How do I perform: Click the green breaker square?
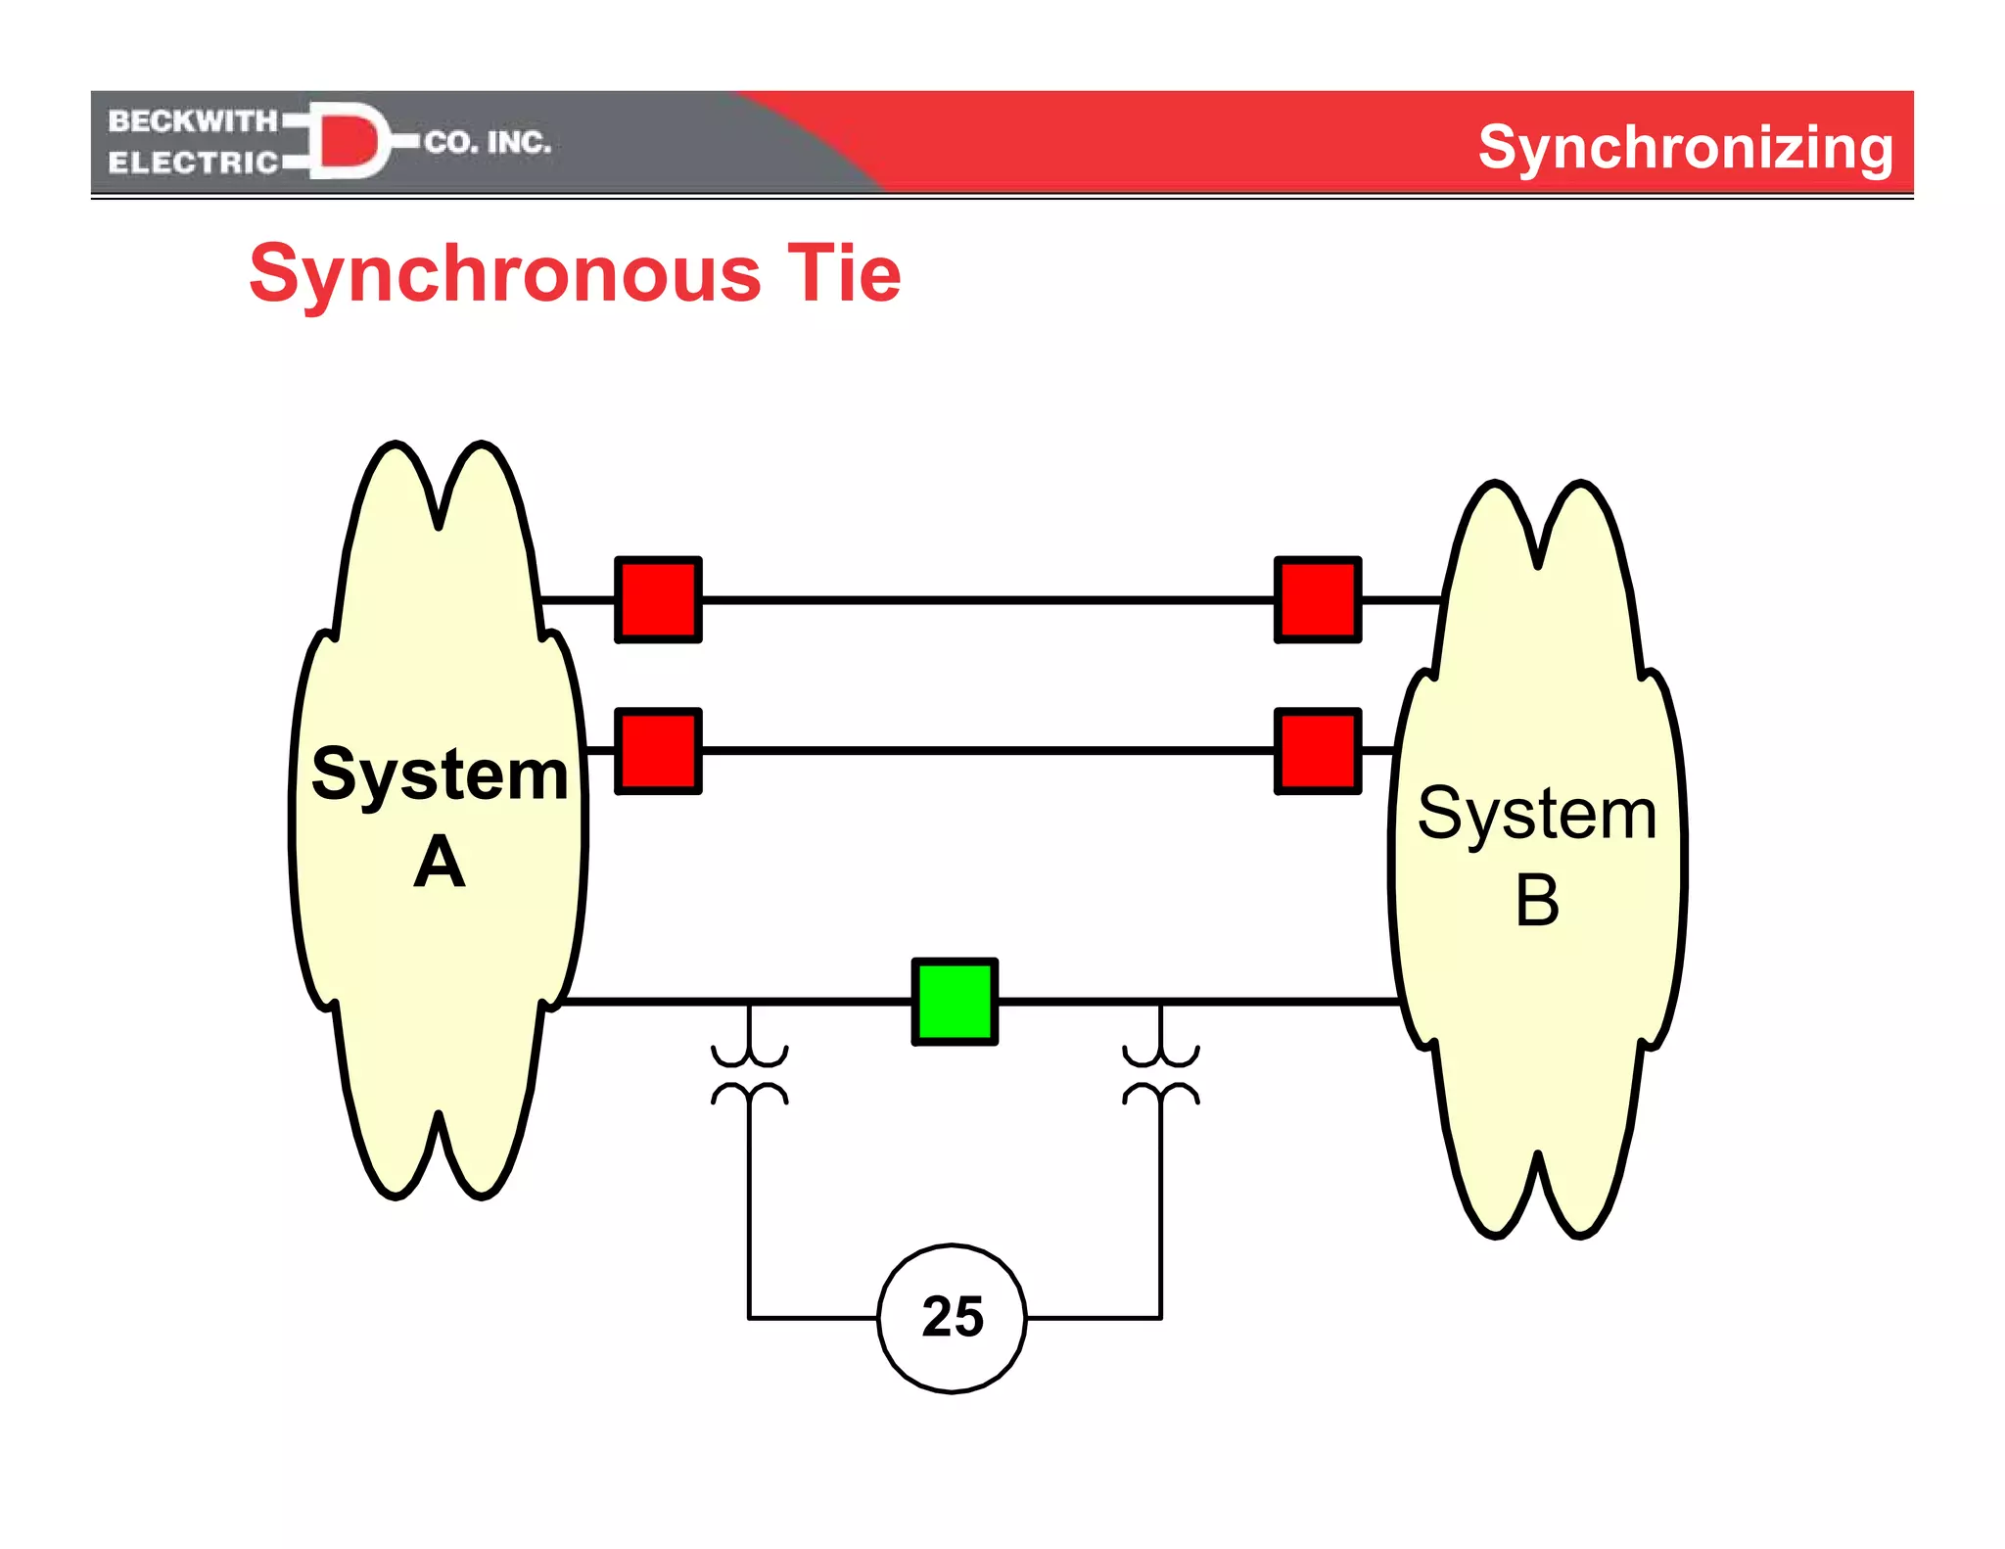click(x=955, y=1002)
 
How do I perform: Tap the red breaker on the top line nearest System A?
click(x=658, y=600)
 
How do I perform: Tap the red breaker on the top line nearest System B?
click(x=1318, y=600)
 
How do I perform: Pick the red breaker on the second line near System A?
click(x=658, y=751)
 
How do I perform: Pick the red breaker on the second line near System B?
click(x=1318, y=751)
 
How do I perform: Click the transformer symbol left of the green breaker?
click(x=750, y=1075)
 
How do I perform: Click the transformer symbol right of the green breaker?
click(x=1161, y=1075)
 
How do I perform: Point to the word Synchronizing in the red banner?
click(x=1685, y=147)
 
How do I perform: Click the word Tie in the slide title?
click(x=844, y=273)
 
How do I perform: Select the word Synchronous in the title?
click(x=505, y=275)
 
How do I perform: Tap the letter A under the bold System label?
click(x=440, y=863)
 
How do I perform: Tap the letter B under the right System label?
click(x=1537, y=901)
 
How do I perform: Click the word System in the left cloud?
click(x=440, y=774)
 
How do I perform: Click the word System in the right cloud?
click(x=1537, y=814)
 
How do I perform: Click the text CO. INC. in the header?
click(x=488, y=143)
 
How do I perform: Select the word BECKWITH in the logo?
click(x=193, y=121)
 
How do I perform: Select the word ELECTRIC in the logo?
click(x=193, y=163)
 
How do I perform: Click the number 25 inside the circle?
click(x=952, y=1317)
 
